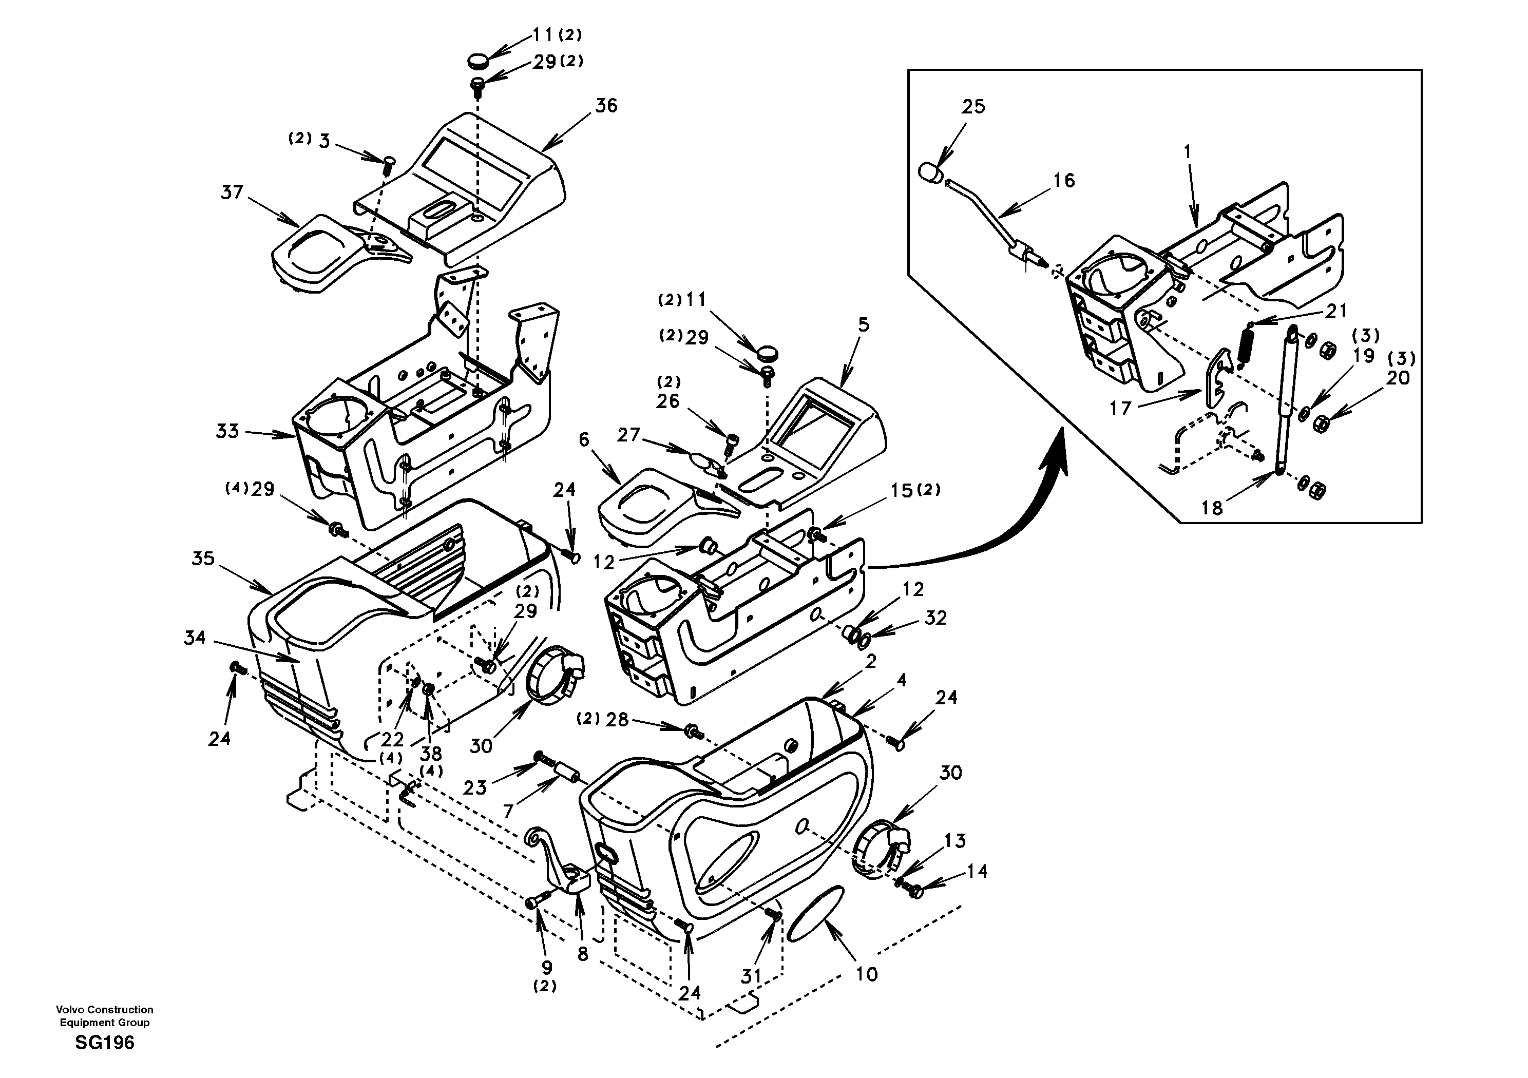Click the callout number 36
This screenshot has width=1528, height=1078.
(606, 106)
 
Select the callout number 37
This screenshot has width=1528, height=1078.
(232, 193)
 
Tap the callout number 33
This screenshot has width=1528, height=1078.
(227, 431)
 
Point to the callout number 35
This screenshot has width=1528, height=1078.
(203, 559)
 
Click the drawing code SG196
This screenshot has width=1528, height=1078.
(104, 1043)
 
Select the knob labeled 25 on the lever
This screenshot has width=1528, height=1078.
(930, 171)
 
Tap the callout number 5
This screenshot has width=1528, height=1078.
(863, 325)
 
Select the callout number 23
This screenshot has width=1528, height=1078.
(475, 788)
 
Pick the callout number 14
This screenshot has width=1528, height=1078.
(977, 871)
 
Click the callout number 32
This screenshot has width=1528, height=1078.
(935, 618)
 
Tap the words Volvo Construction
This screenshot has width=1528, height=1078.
(104, 1009)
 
